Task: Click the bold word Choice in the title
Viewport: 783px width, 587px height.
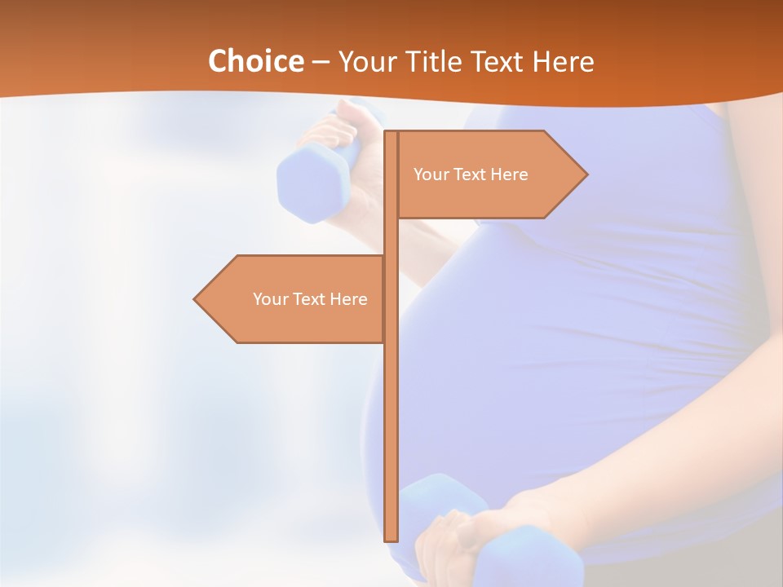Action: [255, 61]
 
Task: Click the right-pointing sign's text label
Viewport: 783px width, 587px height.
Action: [471, 174]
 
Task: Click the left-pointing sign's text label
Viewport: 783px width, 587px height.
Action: [310, 299]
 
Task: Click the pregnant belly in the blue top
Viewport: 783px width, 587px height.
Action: [530, 342]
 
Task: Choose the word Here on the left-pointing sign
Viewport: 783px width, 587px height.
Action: [347, 299]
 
